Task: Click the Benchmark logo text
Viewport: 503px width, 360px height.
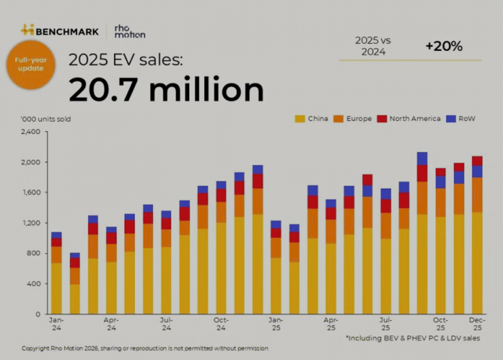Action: point(67,30)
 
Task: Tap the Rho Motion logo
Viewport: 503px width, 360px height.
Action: point(129,31)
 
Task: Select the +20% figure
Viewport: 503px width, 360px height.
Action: point(444,46)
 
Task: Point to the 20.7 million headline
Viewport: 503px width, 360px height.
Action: point(166,89)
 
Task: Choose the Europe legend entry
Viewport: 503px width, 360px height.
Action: point(358,119)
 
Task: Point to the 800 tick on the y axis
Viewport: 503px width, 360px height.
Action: point(34,253)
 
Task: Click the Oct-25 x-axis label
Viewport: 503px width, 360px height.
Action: point(440,323)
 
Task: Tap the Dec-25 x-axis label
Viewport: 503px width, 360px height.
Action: point(477,323)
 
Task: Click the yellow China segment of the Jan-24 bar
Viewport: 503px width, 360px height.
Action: point(57,288)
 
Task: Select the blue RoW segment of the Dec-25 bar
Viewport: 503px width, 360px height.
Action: point(477,171)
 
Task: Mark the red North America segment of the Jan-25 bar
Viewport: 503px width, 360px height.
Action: point(276,233)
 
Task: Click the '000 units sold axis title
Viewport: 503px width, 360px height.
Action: point(46,119)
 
